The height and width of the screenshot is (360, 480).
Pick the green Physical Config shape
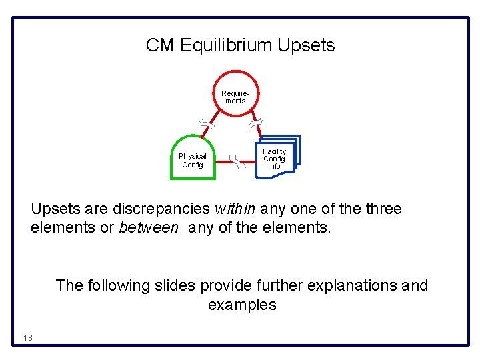[x=193, y=159]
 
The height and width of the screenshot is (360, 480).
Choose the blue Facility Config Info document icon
[x=276, y=158]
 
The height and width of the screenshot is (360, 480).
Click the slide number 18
[x=27, y=338]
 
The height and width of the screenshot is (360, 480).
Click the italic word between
[x=149, y=228]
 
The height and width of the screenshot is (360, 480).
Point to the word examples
[x=242, y=305]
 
